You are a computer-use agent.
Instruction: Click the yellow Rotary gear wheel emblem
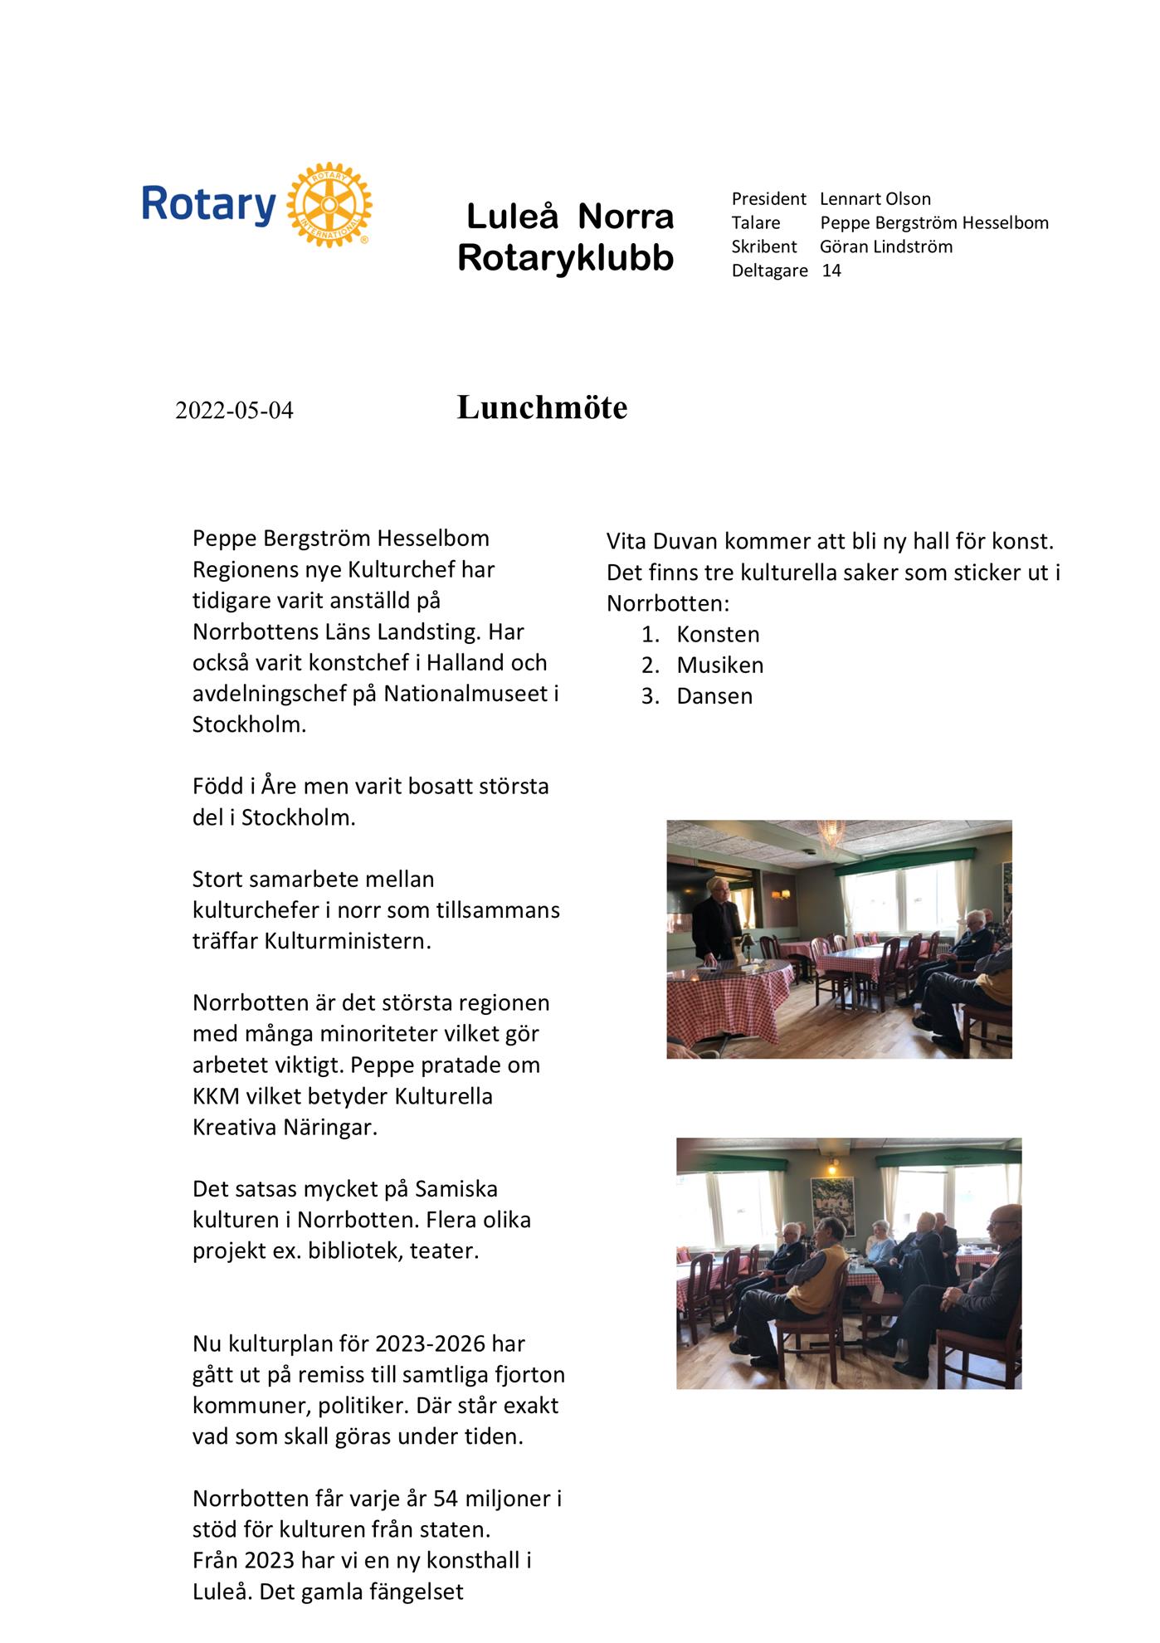[329, 204]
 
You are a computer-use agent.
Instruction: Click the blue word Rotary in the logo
[208, 204]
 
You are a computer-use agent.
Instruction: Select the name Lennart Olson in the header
[875, 199]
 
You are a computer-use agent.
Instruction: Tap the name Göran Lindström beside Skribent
[885, 247]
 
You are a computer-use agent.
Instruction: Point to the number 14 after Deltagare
[831, 271]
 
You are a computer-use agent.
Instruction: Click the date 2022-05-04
[234, 411]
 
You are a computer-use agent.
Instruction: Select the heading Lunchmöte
[542, 407]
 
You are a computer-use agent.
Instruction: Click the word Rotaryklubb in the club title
[565, 258]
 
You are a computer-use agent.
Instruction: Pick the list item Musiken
[719, 665]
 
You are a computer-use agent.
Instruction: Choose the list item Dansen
[714, 696]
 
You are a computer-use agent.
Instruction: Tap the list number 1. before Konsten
[650, 635]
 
